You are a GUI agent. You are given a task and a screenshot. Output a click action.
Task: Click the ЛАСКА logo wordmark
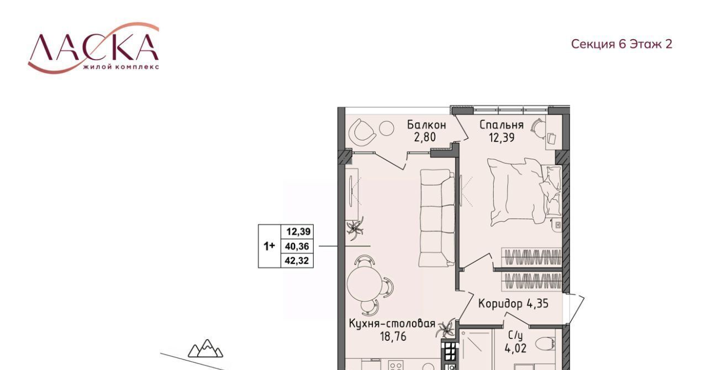pyautogui.click(x=93, y=47)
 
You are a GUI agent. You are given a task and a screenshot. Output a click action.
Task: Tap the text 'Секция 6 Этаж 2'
pyautogui.click(x=621, y=44)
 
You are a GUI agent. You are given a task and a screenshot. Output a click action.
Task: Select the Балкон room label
pyautogui.click(x=426, y=125)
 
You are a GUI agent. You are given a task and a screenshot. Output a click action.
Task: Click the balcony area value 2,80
pyautogui.click(x=425, y=138)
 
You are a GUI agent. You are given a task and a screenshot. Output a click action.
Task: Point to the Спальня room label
pyautogui.click(x=502, y=125)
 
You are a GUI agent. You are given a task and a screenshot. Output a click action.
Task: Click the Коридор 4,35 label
pyautogui.click(x=513, y=304)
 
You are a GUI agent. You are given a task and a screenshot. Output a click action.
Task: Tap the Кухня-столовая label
pyautogui.click(x=392, y=324)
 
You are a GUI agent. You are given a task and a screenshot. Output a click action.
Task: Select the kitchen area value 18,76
pyautogui.click(x=393, y=336)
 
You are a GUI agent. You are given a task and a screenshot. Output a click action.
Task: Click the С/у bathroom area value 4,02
pyautogui.click(x=515, y=349)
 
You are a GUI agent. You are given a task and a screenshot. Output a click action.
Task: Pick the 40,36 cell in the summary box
pyautogui.click(x=297, y=246)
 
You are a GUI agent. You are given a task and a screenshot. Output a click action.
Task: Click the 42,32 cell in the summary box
pyautogui.click(x=297, y=261)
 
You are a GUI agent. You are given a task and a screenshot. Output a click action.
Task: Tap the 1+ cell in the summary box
pyautogui.click(x=269, y=246)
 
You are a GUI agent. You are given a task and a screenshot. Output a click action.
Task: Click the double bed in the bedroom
pyautogui.click(x=524, y=192)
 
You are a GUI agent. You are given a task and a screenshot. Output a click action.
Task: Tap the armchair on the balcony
pyautogui.click(x=363, y=133)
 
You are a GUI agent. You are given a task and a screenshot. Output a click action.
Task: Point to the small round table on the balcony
pyautogui.click(x=386, y=128)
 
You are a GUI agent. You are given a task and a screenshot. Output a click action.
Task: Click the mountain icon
pyautogui.click(x=205, y=348)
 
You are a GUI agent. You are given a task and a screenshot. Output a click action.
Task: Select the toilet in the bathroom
pyautogui.click(x=546, y=344)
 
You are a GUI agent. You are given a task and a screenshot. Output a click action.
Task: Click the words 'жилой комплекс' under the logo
pyautogui.click(x=121, y=67)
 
